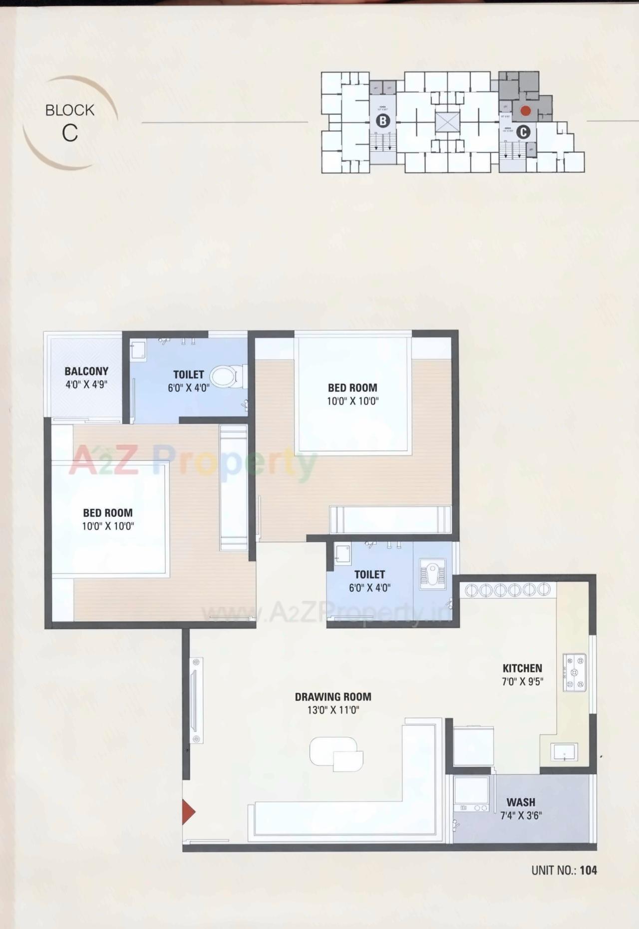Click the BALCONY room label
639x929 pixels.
click(86, 371)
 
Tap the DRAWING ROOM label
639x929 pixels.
click(333, 697)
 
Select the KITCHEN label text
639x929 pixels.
click(522, 668)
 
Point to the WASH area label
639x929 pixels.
click(521, 802)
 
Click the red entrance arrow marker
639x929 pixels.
click(188, 812)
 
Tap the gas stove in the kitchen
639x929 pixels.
click(575, 672)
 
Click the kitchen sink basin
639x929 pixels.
click(565, 752)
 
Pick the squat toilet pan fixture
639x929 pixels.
click(432, 574)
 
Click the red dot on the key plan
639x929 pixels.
click(525, 110)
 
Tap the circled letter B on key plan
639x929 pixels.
click(383, 121)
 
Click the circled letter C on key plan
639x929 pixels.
click(523, 132)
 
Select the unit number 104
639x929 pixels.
click(589, 871)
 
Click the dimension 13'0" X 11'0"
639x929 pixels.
click(333, 710)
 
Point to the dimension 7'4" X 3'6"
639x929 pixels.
click(521, 816)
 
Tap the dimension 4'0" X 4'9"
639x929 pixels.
click(86, 385)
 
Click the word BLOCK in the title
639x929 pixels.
click(70, 110)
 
